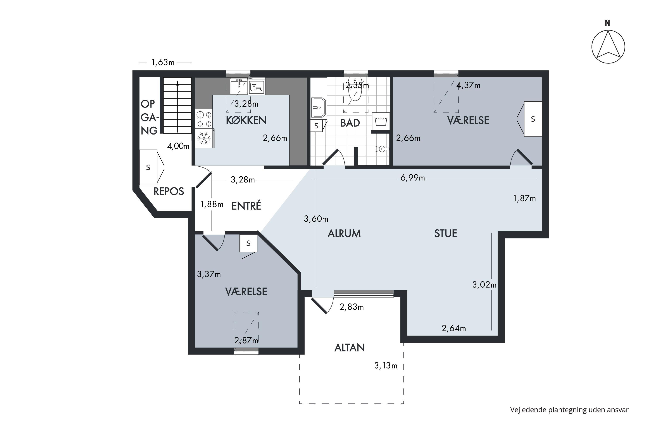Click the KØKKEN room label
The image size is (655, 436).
pyautogui.click(x=246, y=120)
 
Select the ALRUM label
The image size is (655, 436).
pyautogui.click(x=344, y=233)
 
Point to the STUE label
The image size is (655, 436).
pyautogui.click(x=446, y=233)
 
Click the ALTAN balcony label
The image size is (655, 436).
pyautogui.click(x=350, y=347)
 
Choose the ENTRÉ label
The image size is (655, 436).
pyautogui.click(x=246, y=206)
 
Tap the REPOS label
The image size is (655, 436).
pyautogui.click(x=169, y=191)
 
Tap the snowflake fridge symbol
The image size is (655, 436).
pyautogui.click(x=204, y=138)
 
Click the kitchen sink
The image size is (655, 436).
pyautogui.click(x=239, y=86)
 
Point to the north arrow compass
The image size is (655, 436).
pyautogui.click(x=608, y=46)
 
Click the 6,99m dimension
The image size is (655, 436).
pyautogui.click(x=413, y=178)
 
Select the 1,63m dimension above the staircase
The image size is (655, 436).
pyautogui.click(x=163, y=63)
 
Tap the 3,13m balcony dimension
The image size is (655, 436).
pyautogui.click(x=386, y=366)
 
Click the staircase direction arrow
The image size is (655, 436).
pyautogui.click(x=177, y=107)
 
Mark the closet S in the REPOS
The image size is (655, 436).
pyautogui.click(x=148, y=167)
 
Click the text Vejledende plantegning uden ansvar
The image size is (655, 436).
pyautogui.click(x=569, y=410)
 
